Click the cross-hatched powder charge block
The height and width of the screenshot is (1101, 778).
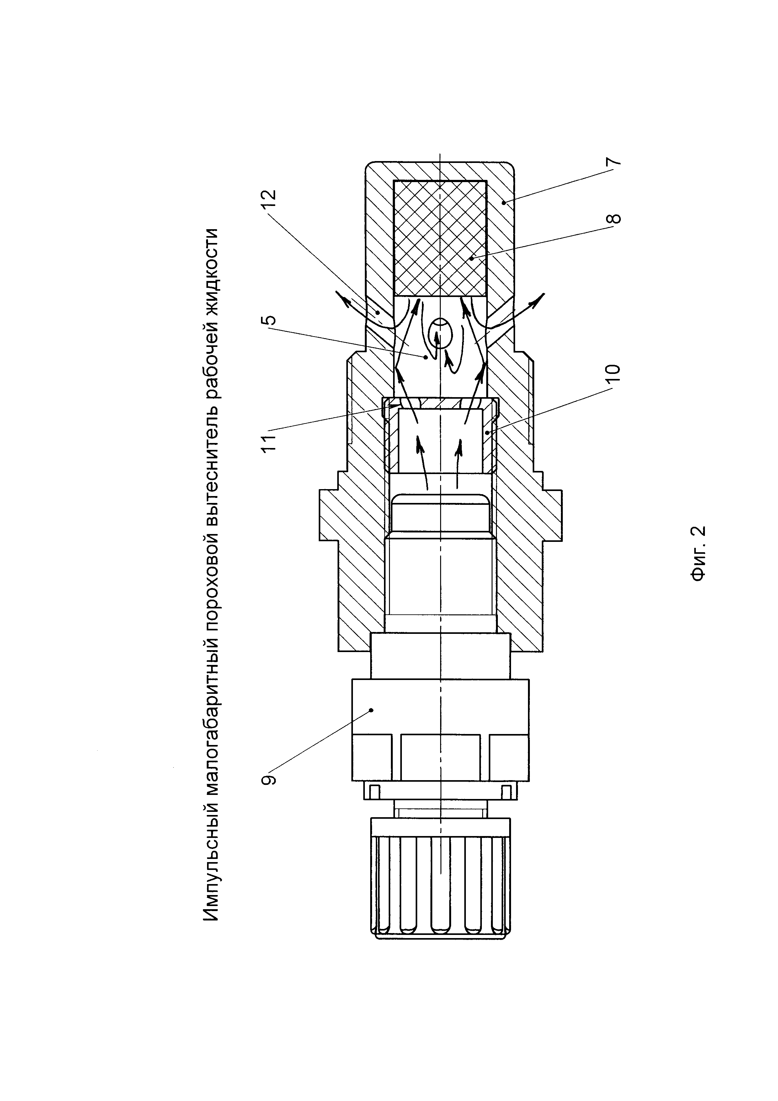click(x=440, y=238)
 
